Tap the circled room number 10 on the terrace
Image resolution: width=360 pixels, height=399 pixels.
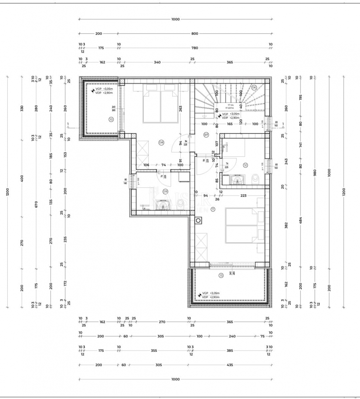click(111, 119)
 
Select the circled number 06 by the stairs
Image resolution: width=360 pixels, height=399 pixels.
click(254, 88)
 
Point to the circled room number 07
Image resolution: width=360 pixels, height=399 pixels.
click(206, 135)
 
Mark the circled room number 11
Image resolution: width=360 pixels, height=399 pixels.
click(213, 209)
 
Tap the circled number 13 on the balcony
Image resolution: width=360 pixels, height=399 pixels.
click(221, 275)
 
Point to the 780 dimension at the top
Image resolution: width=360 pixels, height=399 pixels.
click(195, 48)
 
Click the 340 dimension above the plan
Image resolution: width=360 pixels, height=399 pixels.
click(157, 62)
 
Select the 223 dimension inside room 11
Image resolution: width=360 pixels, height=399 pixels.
click(243, 196)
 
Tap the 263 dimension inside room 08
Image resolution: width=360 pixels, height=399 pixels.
click(181, 109)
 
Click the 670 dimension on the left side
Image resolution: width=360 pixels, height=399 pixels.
click(36, 204)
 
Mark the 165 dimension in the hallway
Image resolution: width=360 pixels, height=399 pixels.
click(230, 124)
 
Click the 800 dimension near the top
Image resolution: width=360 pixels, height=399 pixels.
click(195, 34)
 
